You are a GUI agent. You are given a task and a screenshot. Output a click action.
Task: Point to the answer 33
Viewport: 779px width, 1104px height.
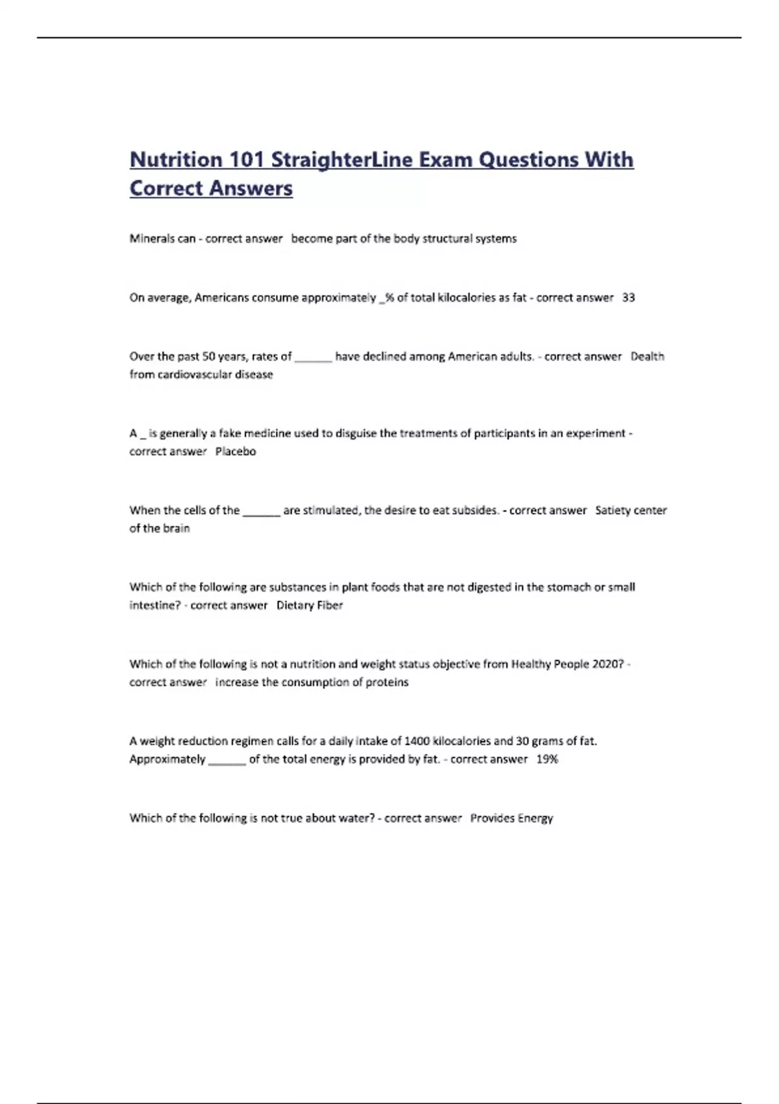click(x=628, y=298)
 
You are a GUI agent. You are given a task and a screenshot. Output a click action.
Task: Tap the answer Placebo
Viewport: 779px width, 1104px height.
click(x=236, y=452)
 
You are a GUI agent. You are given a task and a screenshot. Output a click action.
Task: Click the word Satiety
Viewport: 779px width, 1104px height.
click(x=612, y=510)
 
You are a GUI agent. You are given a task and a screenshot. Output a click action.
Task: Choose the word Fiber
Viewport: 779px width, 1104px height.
click(x=330, y=606)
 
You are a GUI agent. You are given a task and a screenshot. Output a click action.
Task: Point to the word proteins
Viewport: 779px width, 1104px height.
click(x=388, y=683)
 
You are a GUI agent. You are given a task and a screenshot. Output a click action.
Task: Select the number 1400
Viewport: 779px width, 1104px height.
click(x=417, y=741)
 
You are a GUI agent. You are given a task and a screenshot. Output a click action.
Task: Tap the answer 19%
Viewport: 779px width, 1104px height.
click(x=547, y=759)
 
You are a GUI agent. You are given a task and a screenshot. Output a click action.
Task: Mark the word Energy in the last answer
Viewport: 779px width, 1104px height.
click(x=535, y=818)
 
